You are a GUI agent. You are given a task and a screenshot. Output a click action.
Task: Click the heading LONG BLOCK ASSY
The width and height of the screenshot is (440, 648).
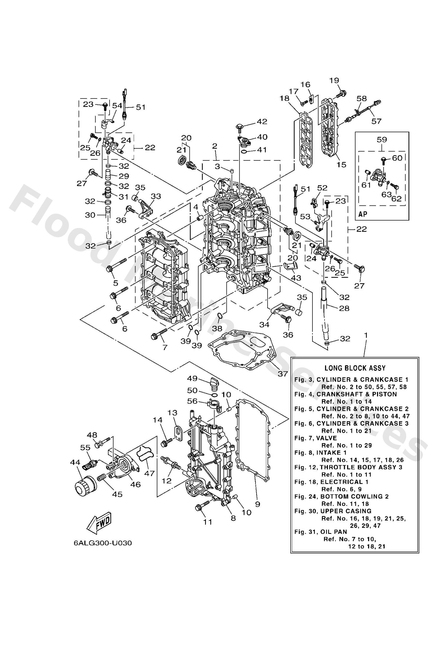(x=355, y=368)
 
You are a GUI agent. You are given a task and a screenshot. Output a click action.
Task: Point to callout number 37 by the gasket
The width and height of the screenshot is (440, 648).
(x=282, y=374)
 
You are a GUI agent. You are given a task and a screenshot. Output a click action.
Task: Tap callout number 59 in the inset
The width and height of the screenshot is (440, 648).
(x=382, y=139)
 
